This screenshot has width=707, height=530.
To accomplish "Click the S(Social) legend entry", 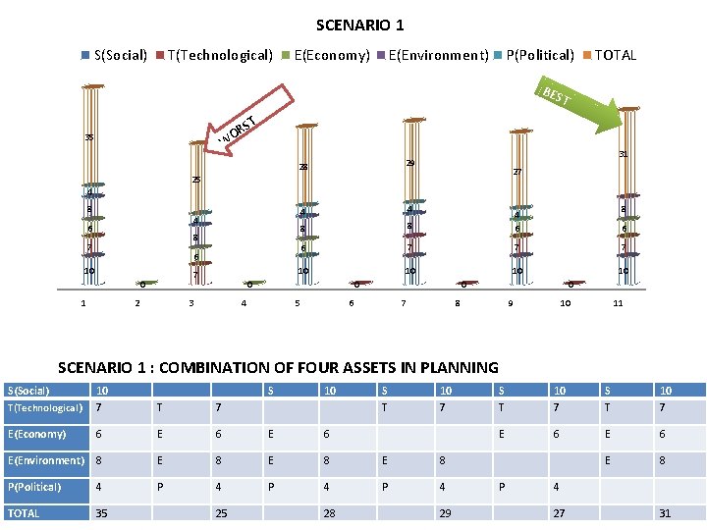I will (119, 55).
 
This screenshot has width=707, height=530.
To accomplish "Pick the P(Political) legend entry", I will (539, 55).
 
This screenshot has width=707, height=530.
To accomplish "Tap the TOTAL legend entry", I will (615, 55).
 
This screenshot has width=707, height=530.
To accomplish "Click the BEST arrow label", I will (555, 96).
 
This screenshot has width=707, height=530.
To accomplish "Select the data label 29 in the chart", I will (411, 161).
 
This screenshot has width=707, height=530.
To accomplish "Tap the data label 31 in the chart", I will (623, 153).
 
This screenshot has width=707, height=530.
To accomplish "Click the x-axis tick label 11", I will (618, 303).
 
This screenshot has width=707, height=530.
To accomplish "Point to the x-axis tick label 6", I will (352, 303).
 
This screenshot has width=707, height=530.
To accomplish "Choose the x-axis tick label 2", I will (136, 303).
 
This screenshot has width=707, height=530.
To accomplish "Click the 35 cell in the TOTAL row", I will (102, 513).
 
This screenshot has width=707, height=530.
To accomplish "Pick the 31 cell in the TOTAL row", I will (666, 513).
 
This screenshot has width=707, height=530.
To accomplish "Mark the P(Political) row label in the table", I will (34, 487).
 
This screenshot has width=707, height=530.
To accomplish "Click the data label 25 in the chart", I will (196, 181).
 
